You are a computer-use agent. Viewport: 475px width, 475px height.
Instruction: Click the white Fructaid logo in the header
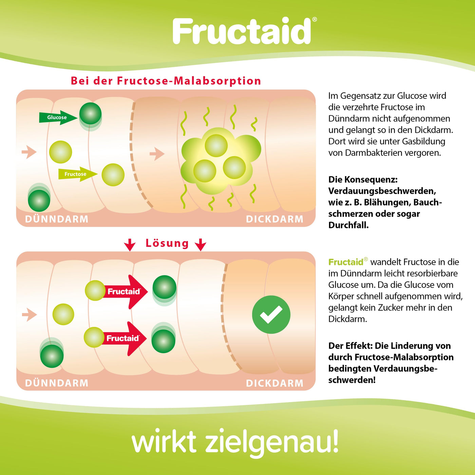tap(242, 31)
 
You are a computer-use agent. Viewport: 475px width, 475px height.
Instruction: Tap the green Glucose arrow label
tap(58, 118)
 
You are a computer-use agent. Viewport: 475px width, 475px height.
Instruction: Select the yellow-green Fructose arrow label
tap(78, 174)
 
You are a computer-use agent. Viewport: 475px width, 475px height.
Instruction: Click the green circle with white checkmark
tap(271, 315)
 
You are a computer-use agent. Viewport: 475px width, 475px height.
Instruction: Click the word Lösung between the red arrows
tap(167, 243)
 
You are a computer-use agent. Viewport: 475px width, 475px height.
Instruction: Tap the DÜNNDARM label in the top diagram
tap(57, 219)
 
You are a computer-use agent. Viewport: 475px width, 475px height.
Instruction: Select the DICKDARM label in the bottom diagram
tap(274, 383)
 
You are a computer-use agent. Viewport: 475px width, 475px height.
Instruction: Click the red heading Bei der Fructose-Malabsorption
tap(166, 81)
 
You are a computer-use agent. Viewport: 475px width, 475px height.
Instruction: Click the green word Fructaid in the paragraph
tap(346, 262)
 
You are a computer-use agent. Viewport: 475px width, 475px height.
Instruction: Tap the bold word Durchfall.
tap(348, 225)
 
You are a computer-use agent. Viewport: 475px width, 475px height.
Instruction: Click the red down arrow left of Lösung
tap(130, 245)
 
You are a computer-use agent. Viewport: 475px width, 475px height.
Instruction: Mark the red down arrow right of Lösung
tap(201, 245)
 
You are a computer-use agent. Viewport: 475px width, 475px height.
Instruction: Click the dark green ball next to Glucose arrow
tap(91, 114)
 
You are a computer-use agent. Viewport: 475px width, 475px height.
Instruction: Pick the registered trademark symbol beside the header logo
tap(315, 19)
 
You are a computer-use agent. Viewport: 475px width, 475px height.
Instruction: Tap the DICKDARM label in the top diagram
tap(274, 219)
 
